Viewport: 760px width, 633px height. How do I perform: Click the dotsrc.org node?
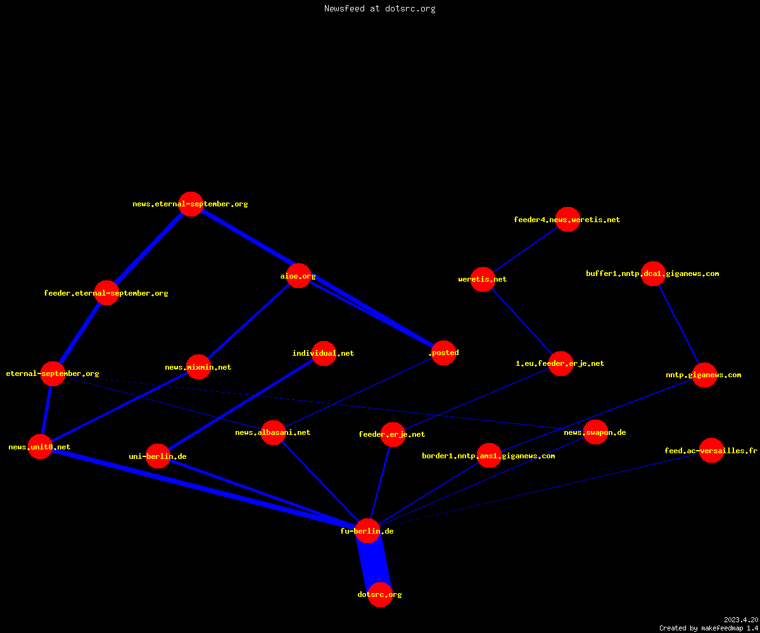pyautogui.click(x=380, y=594)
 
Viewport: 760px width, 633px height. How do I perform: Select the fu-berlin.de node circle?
pyautogui.click(x=367, y=531)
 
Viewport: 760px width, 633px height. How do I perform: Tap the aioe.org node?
pyautogui.click(x=298, y=276)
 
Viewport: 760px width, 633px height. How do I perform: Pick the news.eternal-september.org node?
pyautogui.click(x=191, y=204)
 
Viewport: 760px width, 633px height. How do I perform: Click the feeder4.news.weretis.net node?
pyautogui.click(x=567, y=220)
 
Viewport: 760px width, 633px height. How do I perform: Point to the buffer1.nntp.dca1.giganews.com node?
pyautogui.click(x=653, y=273)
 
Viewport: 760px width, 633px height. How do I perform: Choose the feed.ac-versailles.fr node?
pyautogui.click(x=711, y=450)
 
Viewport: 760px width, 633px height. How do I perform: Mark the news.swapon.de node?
pyautogui.click(x=595, y=432)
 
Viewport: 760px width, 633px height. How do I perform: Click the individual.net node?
pyautogui.click(x=324, y=353)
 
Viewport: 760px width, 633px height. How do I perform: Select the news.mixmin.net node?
pyautogui.click(x=198, y=367)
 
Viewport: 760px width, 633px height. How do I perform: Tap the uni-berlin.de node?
pyautogui.click(x=158, y=456)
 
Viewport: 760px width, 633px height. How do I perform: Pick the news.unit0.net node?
pyautogui.click(x=40, y=446)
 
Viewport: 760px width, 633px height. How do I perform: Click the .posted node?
pyautogui.click(x=443, y=353)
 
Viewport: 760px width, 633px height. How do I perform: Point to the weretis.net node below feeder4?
pyautogui.click(x=483, y=279)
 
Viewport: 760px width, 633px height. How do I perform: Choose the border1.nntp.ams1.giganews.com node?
pyautogui.click(x=489, y=456)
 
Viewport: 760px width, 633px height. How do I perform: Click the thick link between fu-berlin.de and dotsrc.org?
pyautogui.click(x=374, y=563)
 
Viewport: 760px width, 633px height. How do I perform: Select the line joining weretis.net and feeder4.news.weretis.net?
pyautogui.click(x=525, y=249)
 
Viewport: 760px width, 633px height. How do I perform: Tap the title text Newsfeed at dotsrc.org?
pyautogui.click(x=379, y=8)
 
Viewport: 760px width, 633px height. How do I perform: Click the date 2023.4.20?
pyautogui.click(x=741, y=620)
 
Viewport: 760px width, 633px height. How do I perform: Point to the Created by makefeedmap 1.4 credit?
pyautogui.click(x=709, y=628)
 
